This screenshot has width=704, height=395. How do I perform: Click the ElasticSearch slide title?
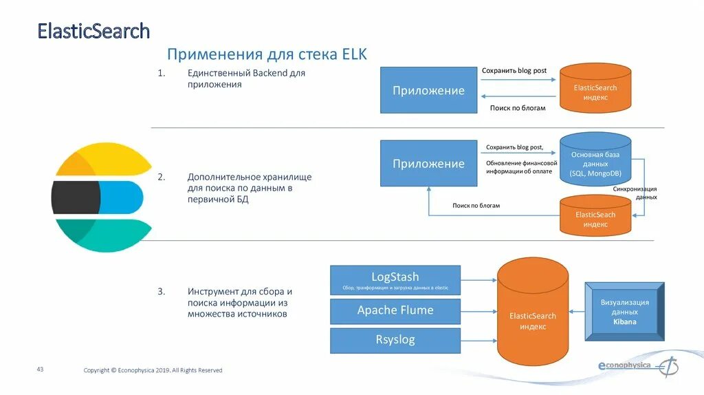click(x=93, y=31)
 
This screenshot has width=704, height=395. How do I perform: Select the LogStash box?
click(x=395, y=281)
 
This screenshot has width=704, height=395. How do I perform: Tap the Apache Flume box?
click(x=395, y=310)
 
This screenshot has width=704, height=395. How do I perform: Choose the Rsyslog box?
click(x=395, y=340)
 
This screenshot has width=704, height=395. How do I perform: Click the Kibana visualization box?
click(x=624, y=312)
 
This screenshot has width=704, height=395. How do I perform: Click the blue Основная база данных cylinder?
click(x=595, y=160)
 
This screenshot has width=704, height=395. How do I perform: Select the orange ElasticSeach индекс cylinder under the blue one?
click(x=595, y=216)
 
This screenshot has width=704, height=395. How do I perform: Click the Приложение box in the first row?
click(x=428, y=91)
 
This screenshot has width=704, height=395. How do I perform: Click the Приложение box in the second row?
click(x=428, y=164)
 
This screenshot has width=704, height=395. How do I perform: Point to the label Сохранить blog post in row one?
click(x=514, y=71)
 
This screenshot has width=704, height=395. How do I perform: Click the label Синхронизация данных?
click(x=635, y=193)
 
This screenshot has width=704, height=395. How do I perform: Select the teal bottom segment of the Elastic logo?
click(x=103, y=235)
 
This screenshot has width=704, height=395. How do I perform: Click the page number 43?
click(x=40, y=370)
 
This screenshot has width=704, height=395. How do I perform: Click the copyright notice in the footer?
click(x=153, y=370)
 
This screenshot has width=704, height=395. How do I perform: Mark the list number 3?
click(x=161, y=291)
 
